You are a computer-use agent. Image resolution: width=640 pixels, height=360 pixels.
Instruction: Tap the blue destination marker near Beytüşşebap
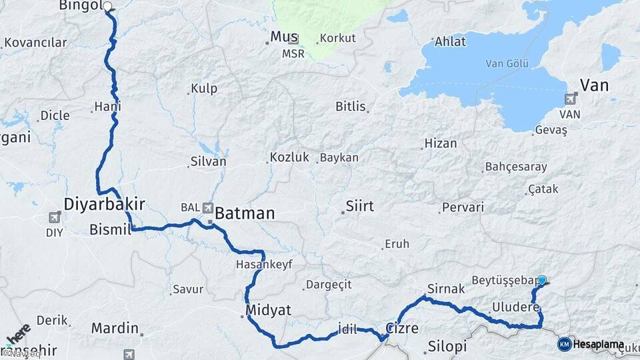(x=542, y=281)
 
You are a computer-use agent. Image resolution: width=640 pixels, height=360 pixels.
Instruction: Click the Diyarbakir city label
(x=105, y=203)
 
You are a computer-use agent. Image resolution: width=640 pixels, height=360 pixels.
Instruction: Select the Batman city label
(x=245, y=213)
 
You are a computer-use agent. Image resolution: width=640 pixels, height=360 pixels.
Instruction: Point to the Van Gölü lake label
(x=507, y=64)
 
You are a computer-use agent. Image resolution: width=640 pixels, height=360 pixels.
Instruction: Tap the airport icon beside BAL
(x=208, y=207)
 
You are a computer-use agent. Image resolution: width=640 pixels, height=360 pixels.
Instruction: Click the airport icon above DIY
(x=55, y=217)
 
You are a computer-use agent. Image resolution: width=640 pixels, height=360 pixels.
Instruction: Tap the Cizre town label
(x=402, y=328)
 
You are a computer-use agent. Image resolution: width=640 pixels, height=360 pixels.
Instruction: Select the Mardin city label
(x=115, y=328)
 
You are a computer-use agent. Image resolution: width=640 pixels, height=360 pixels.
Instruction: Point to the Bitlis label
(x=351, y=106)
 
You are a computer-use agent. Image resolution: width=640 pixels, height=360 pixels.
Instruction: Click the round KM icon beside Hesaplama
(x=564, y=344)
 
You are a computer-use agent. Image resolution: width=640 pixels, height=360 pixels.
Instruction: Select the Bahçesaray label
(x=516, y=167)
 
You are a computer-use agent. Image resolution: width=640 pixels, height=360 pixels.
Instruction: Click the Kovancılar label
(x=35, y=43)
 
